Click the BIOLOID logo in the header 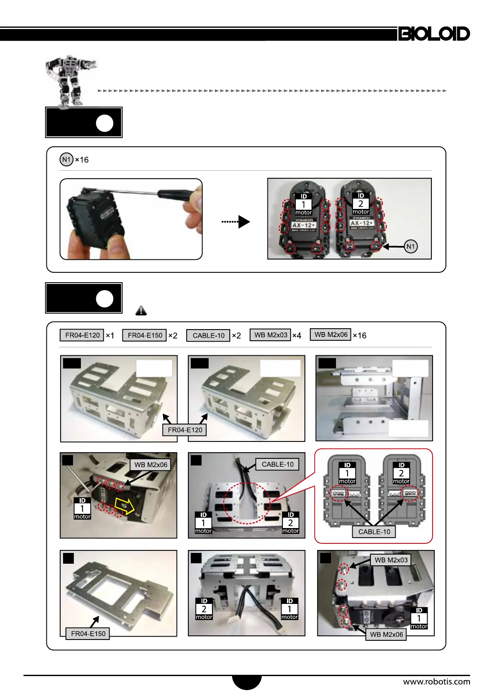coord(434,34)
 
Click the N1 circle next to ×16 coord(66,160)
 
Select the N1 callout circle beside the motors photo coord(410,247)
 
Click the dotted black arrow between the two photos coord(236,222)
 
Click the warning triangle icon coord(141,310)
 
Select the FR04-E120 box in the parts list coord(82,335)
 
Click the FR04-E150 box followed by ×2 coord(145,335)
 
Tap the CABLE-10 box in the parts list coord(208,335)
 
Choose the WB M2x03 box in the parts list coord(270,335)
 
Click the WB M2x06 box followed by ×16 coord(331,334)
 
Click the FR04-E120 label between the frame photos coord(185,430)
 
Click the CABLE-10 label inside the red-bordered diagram coord(374,532)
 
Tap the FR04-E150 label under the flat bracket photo coord(88,634)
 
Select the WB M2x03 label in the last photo coord(391,560)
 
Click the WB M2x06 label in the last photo coord(386,635)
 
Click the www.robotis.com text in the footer coord(436,681)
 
